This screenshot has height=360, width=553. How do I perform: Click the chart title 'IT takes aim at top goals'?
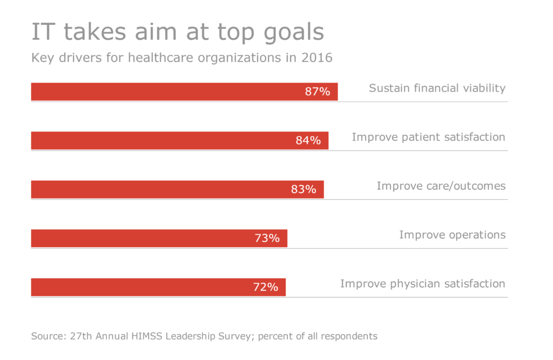point(178,32)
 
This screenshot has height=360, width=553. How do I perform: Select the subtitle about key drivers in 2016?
point(181,58)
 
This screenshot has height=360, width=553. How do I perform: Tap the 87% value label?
point(317,92)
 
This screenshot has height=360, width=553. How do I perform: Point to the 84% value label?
point(308,141)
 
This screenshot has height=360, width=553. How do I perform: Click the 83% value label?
point(304,189)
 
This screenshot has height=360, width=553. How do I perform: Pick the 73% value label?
point(267,238)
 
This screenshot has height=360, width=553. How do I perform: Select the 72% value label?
point(265,287)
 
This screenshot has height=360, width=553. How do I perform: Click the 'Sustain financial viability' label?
point(437,88)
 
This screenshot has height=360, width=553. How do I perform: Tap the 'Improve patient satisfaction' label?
point(428,137)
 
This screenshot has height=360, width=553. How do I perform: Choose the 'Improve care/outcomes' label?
point(441,186)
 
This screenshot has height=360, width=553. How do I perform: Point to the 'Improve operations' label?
point(452,235)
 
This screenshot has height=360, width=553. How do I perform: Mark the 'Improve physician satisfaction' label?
point(422,284)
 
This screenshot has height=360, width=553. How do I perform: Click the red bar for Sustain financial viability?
point(162,92)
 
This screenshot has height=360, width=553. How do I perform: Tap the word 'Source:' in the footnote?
point(48,336)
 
